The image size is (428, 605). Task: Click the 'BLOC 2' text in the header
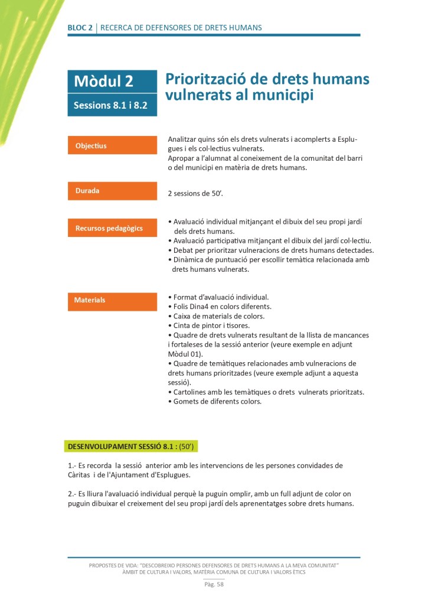point(80,28)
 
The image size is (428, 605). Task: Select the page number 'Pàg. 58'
point(214,585)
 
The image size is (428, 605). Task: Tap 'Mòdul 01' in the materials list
point(184,354)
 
